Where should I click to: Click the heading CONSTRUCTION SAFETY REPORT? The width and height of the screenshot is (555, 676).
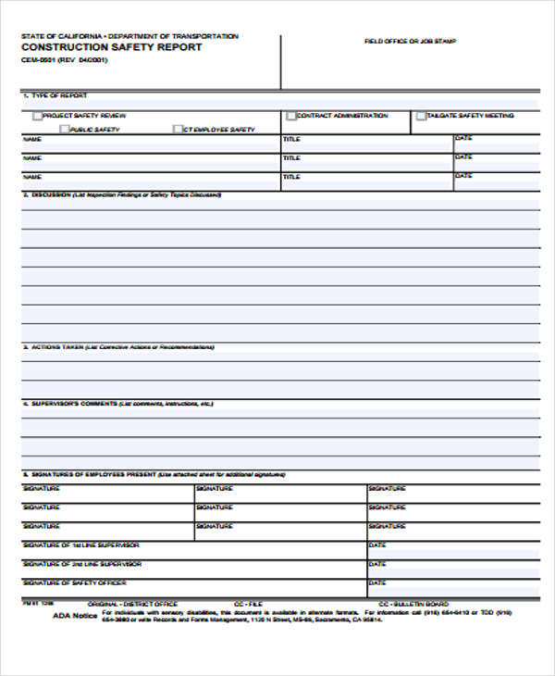coord(110,47)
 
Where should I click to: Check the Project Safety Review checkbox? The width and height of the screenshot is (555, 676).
coord(38,116)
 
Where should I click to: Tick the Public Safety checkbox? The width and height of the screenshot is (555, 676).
coord(65,130)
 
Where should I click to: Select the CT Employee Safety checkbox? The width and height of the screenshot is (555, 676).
coord(178,130)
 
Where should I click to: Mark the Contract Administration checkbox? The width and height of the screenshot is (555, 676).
coord(291,116)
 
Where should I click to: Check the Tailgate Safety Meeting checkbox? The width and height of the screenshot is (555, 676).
coord(421,116)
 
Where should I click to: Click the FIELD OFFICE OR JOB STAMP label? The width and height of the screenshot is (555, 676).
coord(410,42)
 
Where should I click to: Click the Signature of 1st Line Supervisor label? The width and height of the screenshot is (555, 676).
coord(81,545)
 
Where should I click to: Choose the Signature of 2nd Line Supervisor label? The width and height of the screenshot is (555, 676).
coord(81,563)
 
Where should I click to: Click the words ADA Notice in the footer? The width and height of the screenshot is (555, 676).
coord(74,615)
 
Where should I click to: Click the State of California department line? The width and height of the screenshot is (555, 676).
coord(129,36)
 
